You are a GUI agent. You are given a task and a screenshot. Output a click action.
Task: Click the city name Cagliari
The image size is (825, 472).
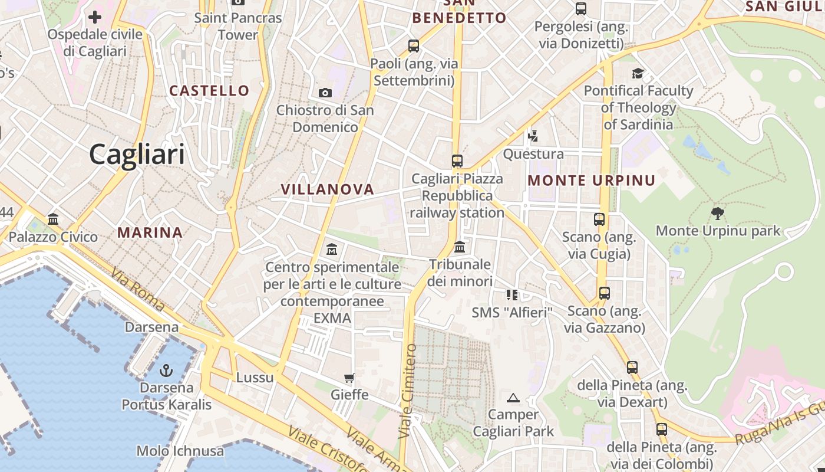tap(137, 155)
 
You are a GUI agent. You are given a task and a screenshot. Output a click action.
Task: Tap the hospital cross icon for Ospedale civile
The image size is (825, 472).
tap(95, 17)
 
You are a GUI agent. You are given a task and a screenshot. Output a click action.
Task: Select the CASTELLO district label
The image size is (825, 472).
tap(210, 91)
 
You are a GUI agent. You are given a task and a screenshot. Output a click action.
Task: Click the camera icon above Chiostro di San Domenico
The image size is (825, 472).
tap(325, 93)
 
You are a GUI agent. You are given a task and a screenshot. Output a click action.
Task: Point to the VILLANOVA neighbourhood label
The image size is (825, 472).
tap(328, 189)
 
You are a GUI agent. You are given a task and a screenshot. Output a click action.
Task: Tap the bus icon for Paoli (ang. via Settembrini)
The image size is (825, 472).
tap(414, 45)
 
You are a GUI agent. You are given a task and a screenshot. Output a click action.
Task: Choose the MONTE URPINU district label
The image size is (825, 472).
tap(592, 181)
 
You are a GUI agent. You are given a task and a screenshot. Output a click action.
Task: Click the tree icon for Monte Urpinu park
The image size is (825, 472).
tap(717, 213)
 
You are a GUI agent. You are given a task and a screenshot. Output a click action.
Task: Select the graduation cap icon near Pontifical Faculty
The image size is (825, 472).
tap(638, 73)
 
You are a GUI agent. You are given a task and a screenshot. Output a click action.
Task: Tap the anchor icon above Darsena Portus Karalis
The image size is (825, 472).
tap(166, 371)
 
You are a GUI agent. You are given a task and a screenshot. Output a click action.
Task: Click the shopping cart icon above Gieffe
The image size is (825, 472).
tap(349, 378)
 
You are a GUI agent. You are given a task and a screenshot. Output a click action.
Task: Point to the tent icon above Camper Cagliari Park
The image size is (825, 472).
tap(513, 398)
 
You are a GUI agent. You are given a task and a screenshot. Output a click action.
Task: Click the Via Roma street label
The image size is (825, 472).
tap(137, 290)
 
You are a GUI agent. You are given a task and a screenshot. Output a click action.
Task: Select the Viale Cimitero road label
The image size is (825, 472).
tap(407, 391)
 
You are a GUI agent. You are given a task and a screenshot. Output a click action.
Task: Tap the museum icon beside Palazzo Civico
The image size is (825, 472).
tap(53, 219)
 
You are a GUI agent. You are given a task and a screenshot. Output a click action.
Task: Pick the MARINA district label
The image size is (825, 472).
tap(150, 232)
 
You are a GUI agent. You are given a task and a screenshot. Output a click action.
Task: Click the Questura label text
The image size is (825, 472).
tap(533, 155)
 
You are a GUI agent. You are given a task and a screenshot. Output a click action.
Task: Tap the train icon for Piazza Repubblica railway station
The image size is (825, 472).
tap(457, 160)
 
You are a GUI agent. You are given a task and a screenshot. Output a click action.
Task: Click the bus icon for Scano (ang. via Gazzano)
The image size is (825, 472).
tap(604, 293)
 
